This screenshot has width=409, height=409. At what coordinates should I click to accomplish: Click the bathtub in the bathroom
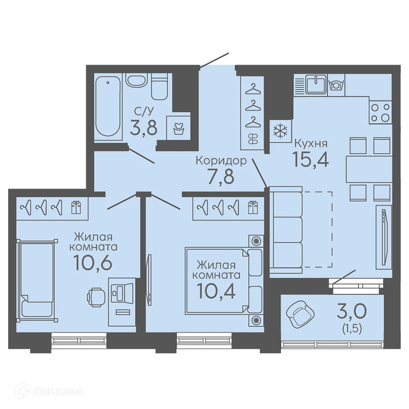pos(107,107)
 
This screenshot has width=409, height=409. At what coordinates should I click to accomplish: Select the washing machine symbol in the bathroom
pos(178,128)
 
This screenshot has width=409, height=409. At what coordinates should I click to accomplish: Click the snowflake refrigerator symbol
pos(280,131)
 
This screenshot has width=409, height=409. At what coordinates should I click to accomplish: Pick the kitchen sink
pos(316,85)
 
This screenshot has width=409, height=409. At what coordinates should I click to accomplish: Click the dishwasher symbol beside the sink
pos(336,85)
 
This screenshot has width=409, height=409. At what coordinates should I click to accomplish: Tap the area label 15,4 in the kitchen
pos(311,159)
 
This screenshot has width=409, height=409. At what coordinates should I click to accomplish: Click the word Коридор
pos(221,161)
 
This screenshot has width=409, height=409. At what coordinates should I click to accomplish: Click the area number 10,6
pos(93,262)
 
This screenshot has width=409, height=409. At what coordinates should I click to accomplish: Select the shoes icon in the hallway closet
pos(253,139)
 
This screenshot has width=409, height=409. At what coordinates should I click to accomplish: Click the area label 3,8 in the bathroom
pos(144,128)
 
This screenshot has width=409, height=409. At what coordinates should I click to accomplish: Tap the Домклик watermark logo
pos(49,392)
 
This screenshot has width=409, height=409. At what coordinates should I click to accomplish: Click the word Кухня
pos(311,143)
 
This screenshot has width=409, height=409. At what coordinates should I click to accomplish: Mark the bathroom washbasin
pos(137,80)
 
